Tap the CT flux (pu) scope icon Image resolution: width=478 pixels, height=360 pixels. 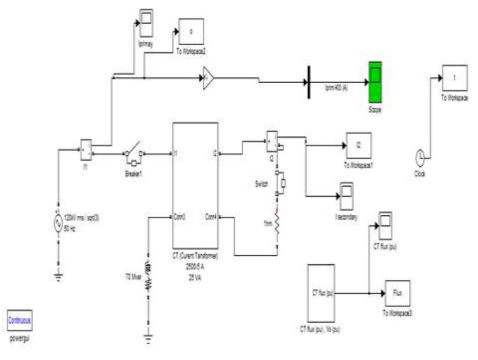pyautogui.click(x=385, y=223)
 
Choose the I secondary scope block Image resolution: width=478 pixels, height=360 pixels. pyautogui.click(x=346, y=195)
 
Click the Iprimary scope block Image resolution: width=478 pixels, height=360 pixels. pyautogui.click(x=145, y=20)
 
